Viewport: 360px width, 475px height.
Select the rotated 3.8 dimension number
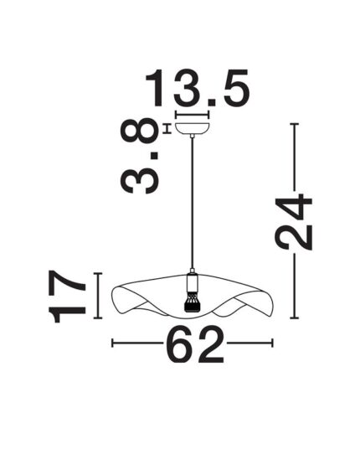[140, 157]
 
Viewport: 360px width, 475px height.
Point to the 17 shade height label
[68, 297]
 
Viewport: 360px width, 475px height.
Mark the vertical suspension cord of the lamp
[193, 201]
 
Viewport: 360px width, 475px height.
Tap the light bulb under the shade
[193, 302]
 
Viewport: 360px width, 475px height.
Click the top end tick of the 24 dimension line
[294, 124]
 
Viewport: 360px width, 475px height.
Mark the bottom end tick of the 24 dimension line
[294, 318]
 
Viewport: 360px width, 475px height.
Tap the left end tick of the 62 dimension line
[113, 342]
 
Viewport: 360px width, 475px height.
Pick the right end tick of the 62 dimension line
[272, 342]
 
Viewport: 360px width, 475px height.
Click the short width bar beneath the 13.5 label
[192, 115]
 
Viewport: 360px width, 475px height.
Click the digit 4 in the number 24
[294, 208]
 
